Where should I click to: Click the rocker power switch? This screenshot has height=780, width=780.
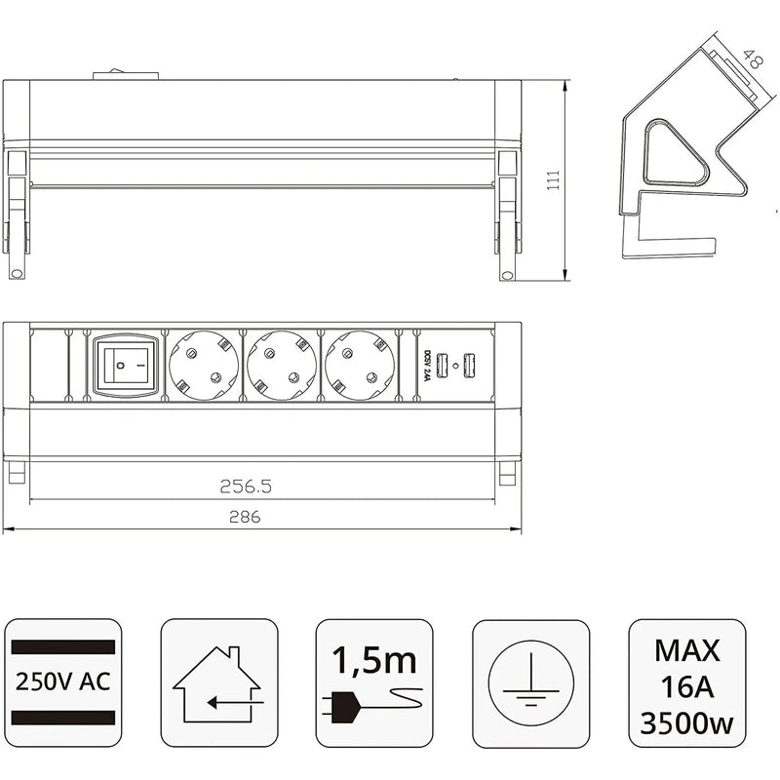point(125,367)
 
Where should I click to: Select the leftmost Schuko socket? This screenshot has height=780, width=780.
point(203,368)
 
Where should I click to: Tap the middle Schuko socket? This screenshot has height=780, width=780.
point(281,368)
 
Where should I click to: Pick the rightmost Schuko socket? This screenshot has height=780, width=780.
point(359,368)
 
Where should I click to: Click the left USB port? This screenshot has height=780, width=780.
point(442,366)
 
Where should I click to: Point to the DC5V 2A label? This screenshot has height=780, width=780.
point(425,367)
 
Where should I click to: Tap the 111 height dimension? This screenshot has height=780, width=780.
point(553,182)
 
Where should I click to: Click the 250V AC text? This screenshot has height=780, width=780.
point(62,680)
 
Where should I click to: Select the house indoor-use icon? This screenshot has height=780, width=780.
point(218,681)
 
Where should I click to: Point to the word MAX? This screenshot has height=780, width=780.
point(687,650)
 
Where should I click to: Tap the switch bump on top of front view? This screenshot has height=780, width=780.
point(127,74)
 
